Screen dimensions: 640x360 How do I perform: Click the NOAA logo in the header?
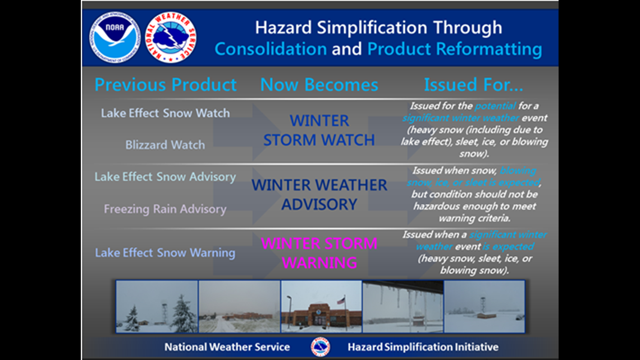pos(115,37)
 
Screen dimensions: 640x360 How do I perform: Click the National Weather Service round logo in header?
pos(171,37)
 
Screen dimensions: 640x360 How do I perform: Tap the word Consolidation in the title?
pos(271,49)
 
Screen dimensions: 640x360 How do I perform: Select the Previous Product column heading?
pos(165,85)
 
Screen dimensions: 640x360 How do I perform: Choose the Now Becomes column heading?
pos(319,85)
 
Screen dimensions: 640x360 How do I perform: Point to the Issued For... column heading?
pos(473,85)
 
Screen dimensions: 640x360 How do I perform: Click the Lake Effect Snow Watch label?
pos(165,113)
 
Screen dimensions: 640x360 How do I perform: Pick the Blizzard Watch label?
pos(165,145)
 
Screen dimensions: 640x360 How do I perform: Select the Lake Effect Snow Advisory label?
pos(165,177)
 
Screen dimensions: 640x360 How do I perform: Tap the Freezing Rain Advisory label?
pos(165,209)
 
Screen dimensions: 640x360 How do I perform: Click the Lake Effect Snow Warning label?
pos(165,253)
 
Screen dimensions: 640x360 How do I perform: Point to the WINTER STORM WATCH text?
pos(319,130)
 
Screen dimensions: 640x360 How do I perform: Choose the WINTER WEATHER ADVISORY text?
pos(319,194)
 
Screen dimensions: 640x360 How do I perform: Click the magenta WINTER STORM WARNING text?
pos(319,253)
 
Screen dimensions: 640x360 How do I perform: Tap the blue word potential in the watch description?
pos(495,106)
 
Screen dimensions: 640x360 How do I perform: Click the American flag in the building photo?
pos(341,302)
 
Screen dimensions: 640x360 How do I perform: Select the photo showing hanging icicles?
pos(403,306)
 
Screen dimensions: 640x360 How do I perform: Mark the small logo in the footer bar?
pos(321,347)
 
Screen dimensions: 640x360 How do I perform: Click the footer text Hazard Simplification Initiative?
pos(423,347)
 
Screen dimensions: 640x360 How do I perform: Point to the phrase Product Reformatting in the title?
pos(455,49)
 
